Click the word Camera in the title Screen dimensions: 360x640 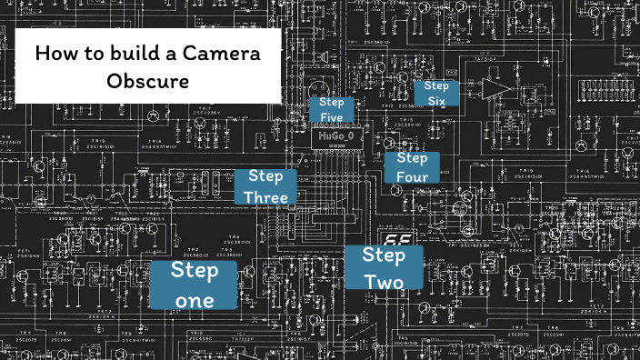pos(222,53)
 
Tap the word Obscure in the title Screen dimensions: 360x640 pos(147,81)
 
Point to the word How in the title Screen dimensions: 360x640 pos(53,53)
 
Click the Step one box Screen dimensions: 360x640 pos(195,284)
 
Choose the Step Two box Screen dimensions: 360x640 pos(384,267)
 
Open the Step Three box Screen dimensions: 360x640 pos(265,186)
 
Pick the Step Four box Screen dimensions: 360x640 pos(412,168)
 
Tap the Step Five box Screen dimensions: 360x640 pos(331,110)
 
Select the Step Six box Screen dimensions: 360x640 pos(436,93)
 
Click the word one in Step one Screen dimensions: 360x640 pos(194,299)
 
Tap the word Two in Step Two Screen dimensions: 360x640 pos(384,281)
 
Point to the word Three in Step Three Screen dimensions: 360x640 pos(265,196)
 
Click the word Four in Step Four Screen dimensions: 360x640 pos(412,176)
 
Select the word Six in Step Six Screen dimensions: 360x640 pos(436,100)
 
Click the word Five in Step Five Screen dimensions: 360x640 pos(331,117)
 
